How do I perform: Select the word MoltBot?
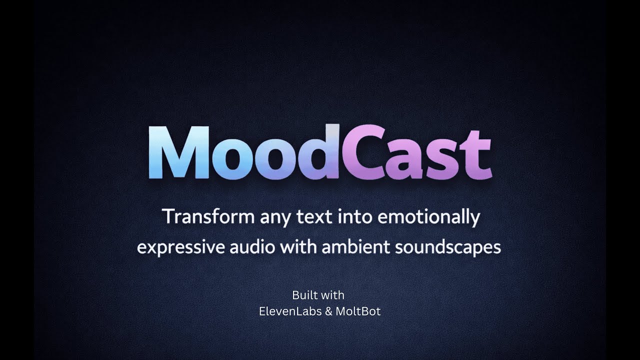pos(358,311)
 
